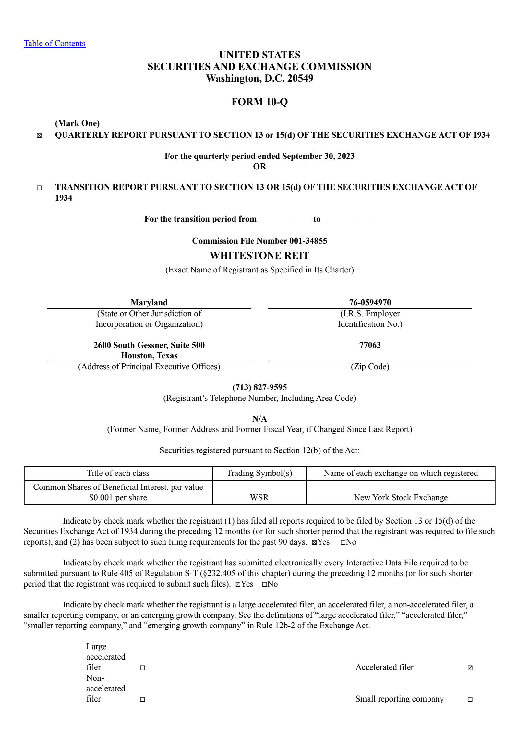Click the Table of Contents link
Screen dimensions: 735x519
[54, 44]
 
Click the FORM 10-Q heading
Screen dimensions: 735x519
[259, 102]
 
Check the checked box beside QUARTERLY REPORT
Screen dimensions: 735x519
[39, 136]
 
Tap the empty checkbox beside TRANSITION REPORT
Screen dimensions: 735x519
[39, 188]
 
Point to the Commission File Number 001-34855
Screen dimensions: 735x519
[259, 241]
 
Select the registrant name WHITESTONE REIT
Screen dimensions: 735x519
[259, 256]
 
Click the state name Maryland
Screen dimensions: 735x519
[149, 302]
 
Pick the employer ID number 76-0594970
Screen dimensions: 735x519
[370, 302]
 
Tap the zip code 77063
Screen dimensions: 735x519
[370, 345]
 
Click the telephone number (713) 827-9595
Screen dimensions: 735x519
[259, 387]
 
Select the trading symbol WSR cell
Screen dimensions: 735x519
[259, 497]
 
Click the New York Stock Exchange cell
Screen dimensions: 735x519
[401, 497]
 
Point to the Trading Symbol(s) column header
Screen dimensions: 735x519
[259, 473]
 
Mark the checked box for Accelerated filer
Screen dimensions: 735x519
[470, 668]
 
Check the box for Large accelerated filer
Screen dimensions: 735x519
[142, 668]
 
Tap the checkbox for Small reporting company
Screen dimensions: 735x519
[470, 699]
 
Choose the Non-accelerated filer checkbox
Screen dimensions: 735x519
[142, 699]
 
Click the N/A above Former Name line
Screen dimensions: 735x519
[259, 419]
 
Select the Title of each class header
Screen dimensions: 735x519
[118, 473]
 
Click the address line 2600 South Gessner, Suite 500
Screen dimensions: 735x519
[149, 345]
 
